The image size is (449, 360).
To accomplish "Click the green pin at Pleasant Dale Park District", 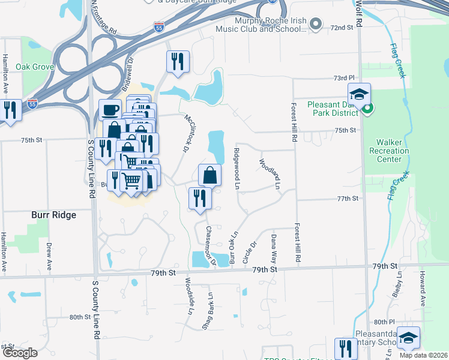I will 367,109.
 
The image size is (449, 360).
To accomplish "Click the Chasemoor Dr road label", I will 210,246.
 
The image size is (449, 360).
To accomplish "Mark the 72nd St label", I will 342,28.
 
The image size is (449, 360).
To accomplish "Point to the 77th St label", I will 348,198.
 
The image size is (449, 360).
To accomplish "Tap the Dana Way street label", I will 274,249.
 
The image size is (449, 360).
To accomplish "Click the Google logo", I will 20,353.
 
